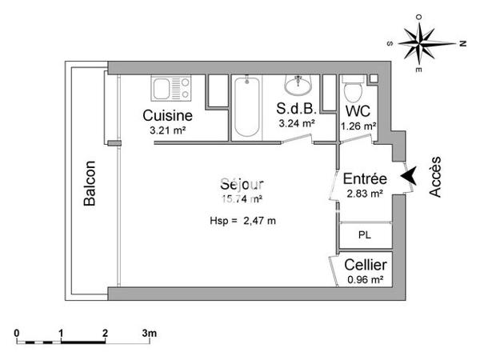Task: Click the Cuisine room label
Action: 167,114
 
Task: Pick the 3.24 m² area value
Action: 297,124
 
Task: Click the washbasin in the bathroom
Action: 299,83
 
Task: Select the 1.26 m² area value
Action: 358,126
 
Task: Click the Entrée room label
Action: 365,178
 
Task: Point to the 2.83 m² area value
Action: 365,193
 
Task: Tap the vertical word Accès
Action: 436,176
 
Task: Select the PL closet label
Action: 365,235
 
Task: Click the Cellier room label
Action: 366,265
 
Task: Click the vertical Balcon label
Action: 90,185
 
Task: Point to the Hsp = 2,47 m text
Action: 242,221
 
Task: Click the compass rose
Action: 422,42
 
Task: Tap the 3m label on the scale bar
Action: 150,331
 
